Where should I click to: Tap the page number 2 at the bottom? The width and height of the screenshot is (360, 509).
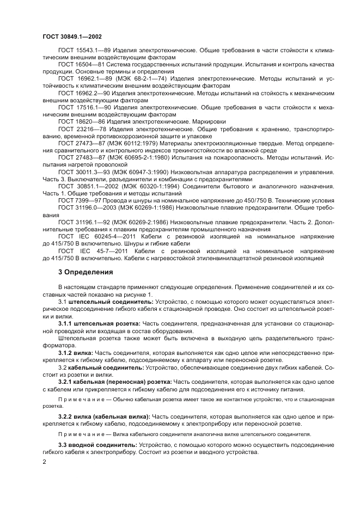coord(45,463)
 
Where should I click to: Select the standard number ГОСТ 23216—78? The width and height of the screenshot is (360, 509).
coord(79,129)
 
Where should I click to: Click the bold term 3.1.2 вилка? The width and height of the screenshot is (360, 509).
coord(75,352)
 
